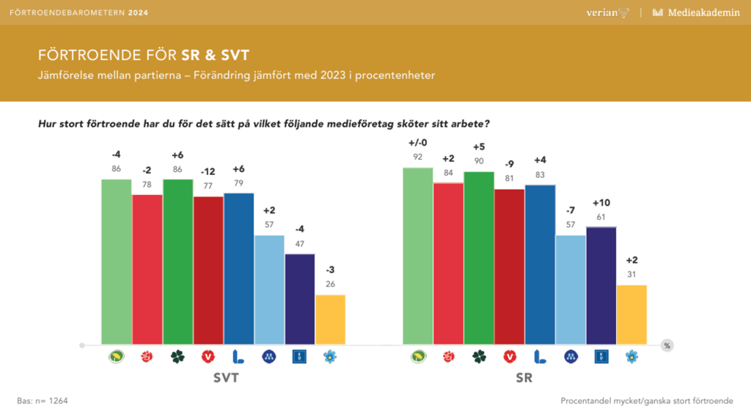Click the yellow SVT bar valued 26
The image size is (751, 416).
[x=330, y=319]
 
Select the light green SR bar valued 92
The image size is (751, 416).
[x=418, y=256]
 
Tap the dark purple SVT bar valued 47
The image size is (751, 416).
[x=299, y=299]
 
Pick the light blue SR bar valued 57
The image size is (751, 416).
[x=571, y=289]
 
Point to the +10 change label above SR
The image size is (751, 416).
[x=601, y=203]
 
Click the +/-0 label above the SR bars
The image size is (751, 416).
[x=418, y=142]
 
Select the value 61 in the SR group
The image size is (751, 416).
[x=601, y=218]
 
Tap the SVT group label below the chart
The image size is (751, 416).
[x=223, y=379]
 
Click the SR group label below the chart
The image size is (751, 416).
[x=524, y=379]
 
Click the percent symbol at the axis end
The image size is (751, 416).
[x=667, y=345]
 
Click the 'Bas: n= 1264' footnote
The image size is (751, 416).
[x=43, y=401]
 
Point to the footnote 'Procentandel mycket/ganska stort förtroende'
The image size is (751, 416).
[x=646, y=401]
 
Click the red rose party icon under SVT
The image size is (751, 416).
[x=147, y=357]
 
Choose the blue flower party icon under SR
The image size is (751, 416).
[x=631, y=357]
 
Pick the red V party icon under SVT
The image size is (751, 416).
[x=208, y=357]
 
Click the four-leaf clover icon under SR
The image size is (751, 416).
[x=479, y=357]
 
